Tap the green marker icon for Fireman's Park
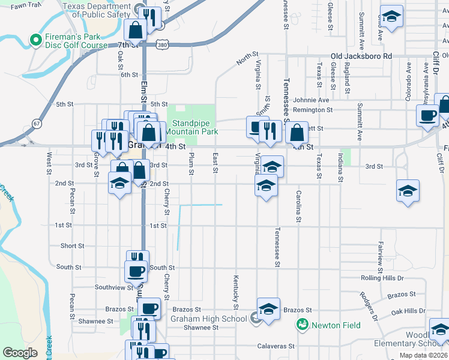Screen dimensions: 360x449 (x=35, y=41)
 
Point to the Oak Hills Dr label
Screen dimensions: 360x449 (x=408, y=311)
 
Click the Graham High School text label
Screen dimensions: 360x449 (x=208, y=319)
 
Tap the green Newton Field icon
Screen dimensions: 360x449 (x=302, y=325)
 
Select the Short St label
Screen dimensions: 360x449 (x=72, y=246)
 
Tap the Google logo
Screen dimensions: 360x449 (x=20, y=353)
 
